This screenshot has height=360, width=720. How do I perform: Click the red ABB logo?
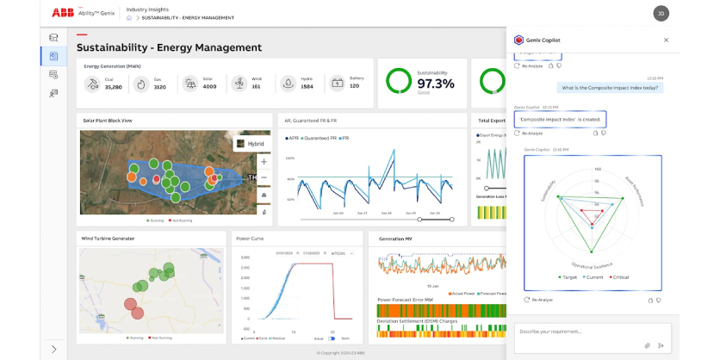point(63,12)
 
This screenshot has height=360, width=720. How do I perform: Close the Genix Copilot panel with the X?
point(666,40)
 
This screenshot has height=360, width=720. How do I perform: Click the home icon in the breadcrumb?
point(129,17)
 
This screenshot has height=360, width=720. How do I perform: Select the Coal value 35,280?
point(114,87)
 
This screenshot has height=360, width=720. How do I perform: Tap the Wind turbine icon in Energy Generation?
point(238,84)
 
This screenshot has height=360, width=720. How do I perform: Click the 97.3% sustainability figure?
point(435,84)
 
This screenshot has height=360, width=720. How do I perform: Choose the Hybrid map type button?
point(251,144)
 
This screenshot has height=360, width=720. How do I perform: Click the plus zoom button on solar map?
point(264,161)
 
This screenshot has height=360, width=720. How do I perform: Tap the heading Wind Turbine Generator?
point(109,238)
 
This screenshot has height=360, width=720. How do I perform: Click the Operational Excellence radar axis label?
point(593,265)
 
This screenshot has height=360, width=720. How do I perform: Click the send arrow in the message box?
point(661,344)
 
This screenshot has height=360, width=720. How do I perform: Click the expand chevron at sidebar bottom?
point(54,349)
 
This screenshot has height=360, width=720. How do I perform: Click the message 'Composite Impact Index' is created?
point(560,119)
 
